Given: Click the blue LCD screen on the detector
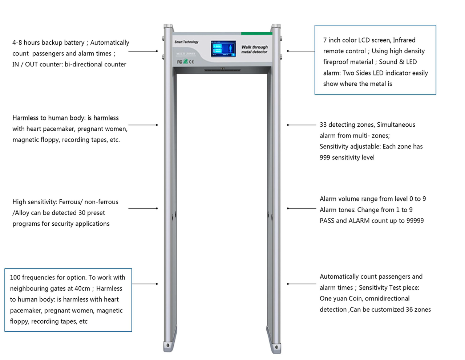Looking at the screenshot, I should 223,49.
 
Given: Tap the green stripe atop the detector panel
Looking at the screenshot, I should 256,33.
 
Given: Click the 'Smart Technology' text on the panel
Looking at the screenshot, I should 186,42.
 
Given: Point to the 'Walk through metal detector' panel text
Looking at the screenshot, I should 254,49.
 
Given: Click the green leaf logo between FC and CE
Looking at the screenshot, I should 186,61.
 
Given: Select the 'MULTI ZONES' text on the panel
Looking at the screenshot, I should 186,54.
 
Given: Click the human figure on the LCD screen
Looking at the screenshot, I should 230,49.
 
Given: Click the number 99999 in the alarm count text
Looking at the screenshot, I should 415,221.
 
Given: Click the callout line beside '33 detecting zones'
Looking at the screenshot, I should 302,125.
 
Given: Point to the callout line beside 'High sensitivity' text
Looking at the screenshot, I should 143,208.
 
